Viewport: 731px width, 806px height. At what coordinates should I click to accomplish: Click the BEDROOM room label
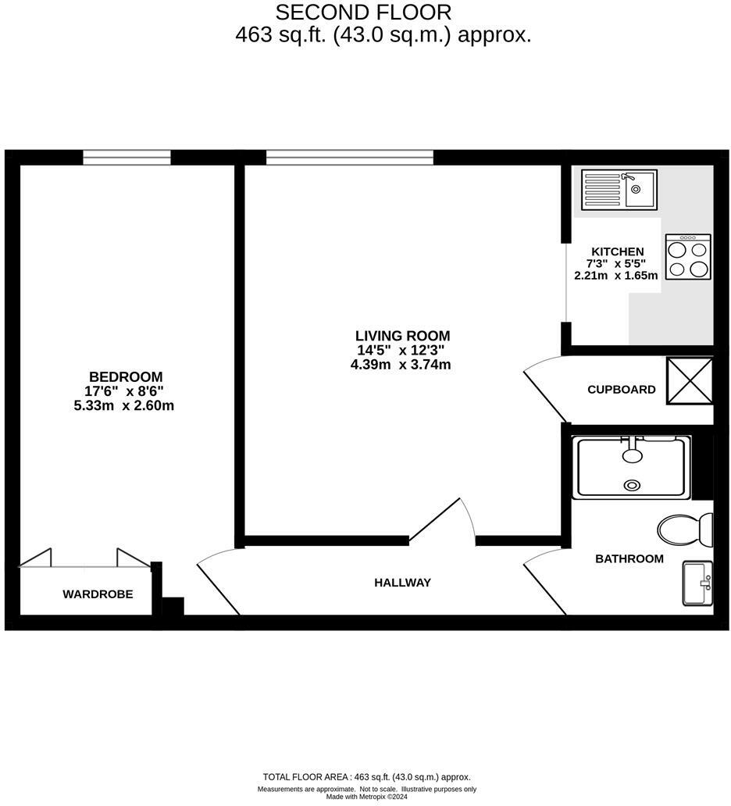pyautogui.click(x=125, y=376)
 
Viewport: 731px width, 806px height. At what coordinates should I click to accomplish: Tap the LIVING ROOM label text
pyautogui.click(x=402, y=336)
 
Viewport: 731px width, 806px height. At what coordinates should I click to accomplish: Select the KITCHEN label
pyautogui.click(x=617, y=251)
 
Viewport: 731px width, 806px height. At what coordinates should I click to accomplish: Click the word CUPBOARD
pyautogui.click(x=622, y=390)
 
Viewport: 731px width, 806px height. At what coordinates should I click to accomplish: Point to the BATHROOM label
pyautogui.click(x=629, y=558)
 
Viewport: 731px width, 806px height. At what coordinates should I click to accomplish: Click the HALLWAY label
pyautogui.click(x=402, y=583)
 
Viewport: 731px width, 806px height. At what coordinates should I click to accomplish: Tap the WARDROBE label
pyautogui.click(x=98, y=594)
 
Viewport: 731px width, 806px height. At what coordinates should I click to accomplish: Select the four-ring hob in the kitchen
pyautogui.click(x=688, y=257)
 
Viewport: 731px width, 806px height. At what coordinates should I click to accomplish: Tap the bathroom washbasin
pyautogui.click(x=697, y=583)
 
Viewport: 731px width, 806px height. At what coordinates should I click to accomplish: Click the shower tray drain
pyautogui.click(x=631, y=486)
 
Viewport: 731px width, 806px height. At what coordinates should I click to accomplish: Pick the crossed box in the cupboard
pyautogui.click(x=689, y=380)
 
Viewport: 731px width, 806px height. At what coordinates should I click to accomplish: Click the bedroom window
pyautogui.click(x=127, y=158)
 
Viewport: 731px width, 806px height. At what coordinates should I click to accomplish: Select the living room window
pyautogui.click(x=349, y=158)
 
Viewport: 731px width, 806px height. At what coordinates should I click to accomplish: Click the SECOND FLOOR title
pyautogui.click(x=363, y=12)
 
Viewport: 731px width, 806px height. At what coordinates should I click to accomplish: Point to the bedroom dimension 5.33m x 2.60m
pyautogui.click(x=125, y=405)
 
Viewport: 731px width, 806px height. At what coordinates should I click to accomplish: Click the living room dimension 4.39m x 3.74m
pyautogui.click(x=401, y=365)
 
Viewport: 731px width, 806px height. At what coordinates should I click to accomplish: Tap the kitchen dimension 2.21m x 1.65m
pyautogui.click(x=617, y=275)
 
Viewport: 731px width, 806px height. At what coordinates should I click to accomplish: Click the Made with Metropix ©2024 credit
pyautogui.click(x=366, y=797)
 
